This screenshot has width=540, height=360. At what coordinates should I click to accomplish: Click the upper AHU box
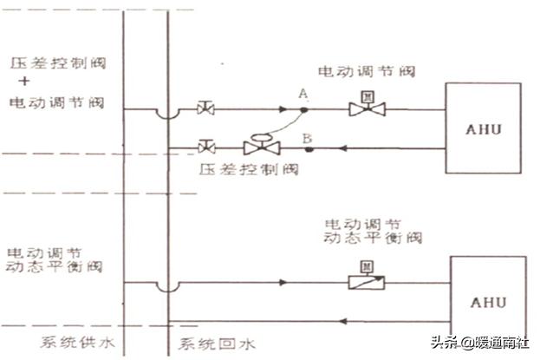(482, 128)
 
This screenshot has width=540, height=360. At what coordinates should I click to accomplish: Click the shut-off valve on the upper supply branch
(206, 109)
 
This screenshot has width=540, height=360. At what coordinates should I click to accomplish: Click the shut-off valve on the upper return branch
(206, 147)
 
